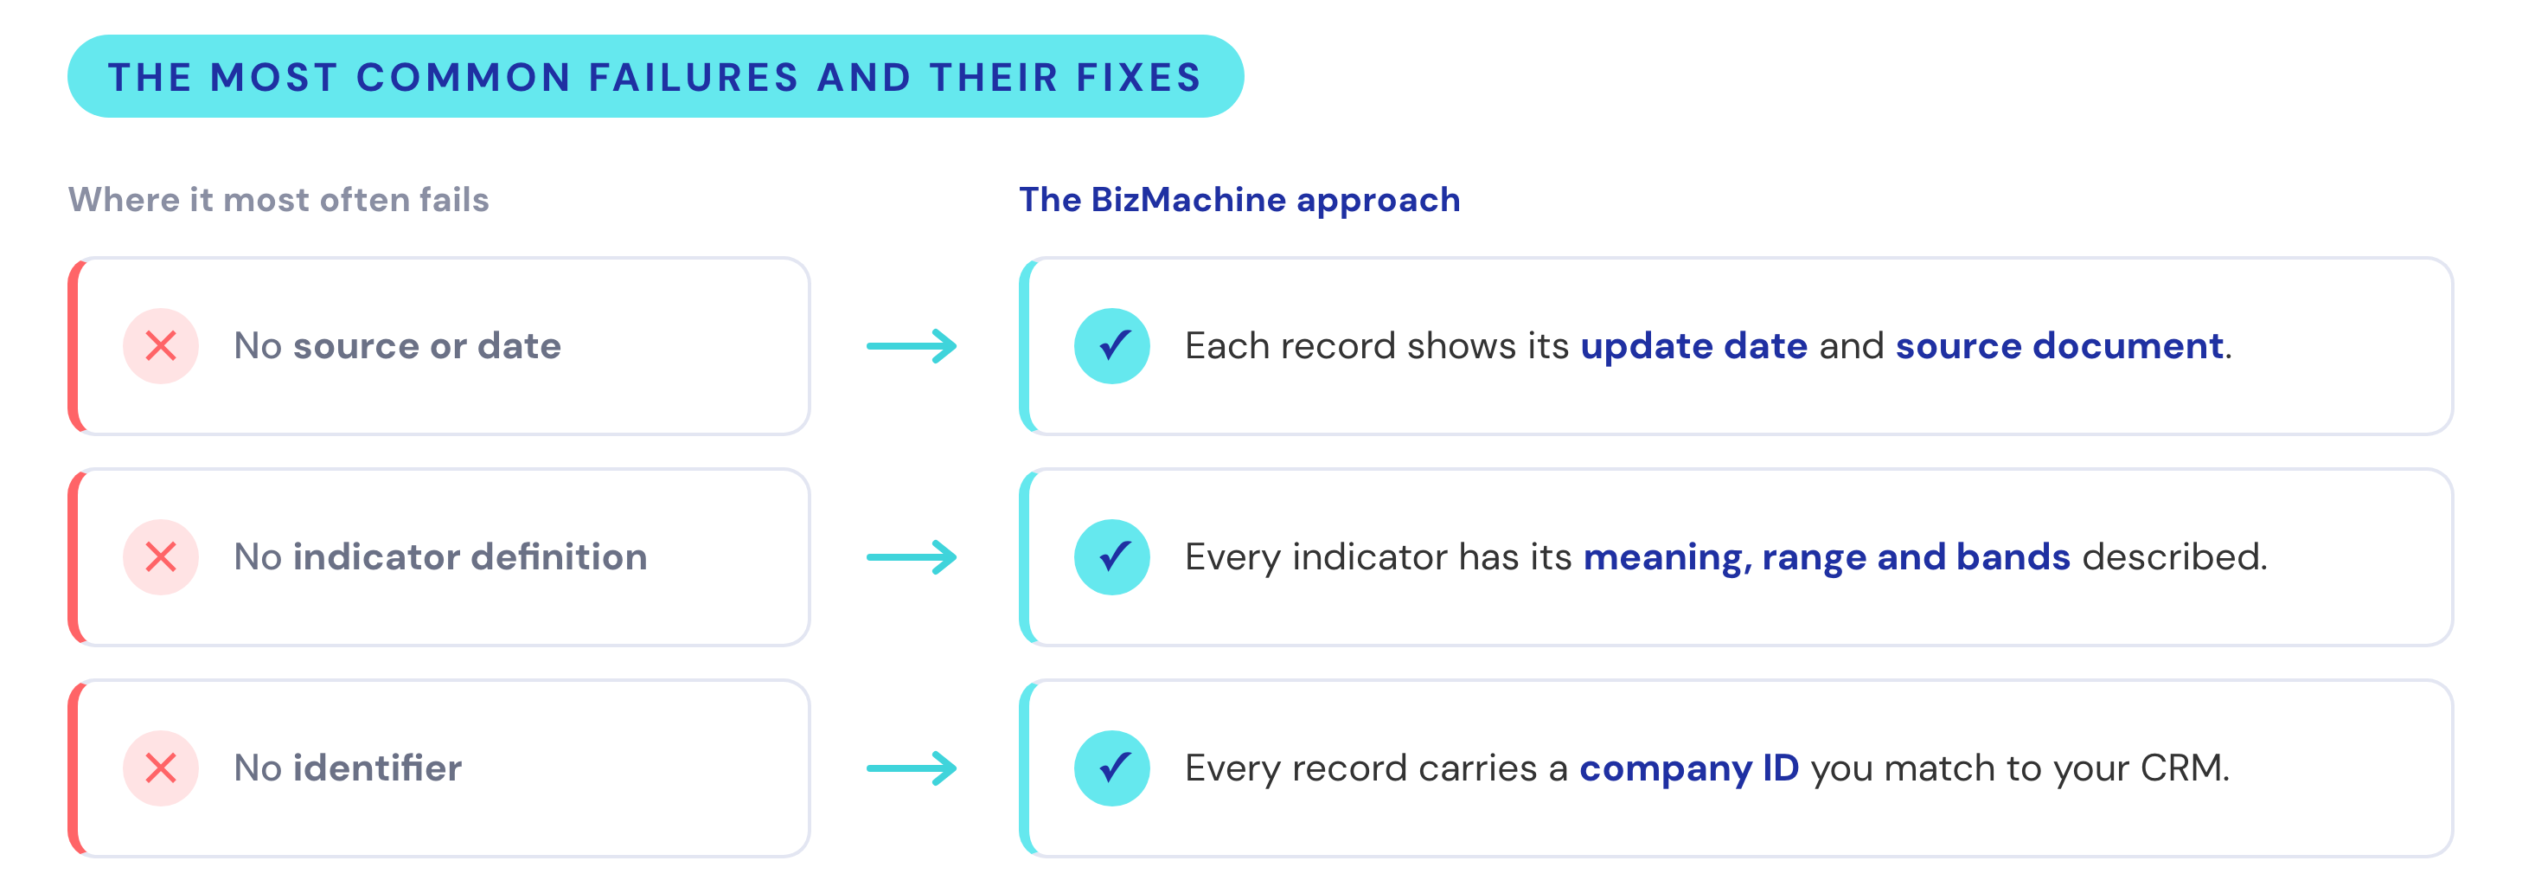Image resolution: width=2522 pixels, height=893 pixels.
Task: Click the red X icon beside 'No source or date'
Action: (161, 345)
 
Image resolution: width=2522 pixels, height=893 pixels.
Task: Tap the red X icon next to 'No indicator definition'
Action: (161, 557)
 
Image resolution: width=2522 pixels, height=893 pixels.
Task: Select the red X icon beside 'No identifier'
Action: (161, 768)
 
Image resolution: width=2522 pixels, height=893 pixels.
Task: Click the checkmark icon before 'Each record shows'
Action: (1112, 345)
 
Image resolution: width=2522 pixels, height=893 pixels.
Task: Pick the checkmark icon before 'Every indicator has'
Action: (1112, 557)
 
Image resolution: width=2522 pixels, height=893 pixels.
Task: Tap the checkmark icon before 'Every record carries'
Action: (1112, 768)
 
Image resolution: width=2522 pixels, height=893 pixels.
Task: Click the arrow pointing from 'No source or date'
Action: (912, 345)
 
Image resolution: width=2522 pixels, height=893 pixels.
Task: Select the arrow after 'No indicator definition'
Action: (912, 557)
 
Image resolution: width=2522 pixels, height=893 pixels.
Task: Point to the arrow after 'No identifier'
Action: (912, 768)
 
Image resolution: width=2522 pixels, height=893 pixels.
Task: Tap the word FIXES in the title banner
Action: (1139, 77)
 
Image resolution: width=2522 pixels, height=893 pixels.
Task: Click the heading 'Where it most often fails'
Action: (279, 200)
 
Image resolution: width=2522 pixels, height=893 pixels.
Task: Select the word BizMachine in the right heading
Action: (1188, 200)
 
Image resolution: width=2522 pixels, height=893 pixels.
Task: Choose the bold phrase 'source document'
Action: (2060, 345)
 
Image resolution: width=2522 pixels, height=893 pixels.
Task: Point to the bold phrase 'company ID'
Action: (1689, 768)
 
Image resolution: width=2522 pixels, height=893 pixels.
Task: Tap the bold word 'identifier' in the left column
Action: (377, 768)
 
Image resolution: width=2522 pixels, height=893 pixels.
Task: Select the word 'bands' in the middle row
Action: (2013, 557)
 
